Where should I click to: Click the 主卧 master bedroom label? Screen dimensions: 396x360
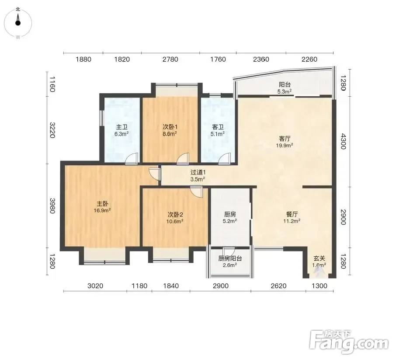(103, 203)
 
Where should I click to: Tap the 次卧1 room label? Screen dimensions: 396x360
(170, 127)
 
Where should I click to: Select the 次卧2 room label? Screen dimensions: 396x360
(175, 215)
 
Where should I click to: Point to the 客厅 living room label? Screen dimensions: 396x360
(285, 139)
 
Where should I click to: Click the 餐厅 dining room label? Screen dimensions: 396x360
(292, 214)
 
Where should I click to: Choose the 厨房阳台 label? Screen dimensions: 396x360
(230, 259)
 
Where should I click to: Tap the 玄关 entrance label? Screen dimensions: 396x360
(319, 259)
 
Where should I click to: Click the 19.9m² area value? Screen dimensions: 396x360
(285, 145)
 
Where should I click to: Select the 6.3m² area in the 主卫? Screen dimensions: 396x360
(122, 134)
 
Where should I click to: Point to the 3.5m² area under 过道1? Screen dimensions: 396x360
(198, 179)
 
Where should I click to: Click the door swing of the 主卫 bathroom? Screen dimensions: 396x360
(132, 159)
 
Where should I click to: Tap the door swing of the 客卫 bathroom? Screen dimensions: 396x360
(225, 159)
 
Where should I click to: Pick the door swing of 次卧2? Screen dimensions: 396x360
(197, 192)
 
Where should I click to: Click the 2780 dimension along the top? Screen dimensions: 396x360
(170, 59)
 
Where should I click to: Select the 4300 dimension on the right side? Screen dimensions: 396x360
(343, 142)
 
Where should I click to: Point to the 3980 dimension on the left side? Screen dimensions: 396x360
(52, 206)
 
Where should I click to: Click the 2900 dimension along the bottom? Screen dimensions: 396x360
(221, 286)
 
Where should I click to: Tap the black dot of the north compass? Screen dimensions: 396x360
(17, 23)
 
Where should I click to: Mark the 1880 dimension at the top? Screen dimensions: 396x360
(83, 59)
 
